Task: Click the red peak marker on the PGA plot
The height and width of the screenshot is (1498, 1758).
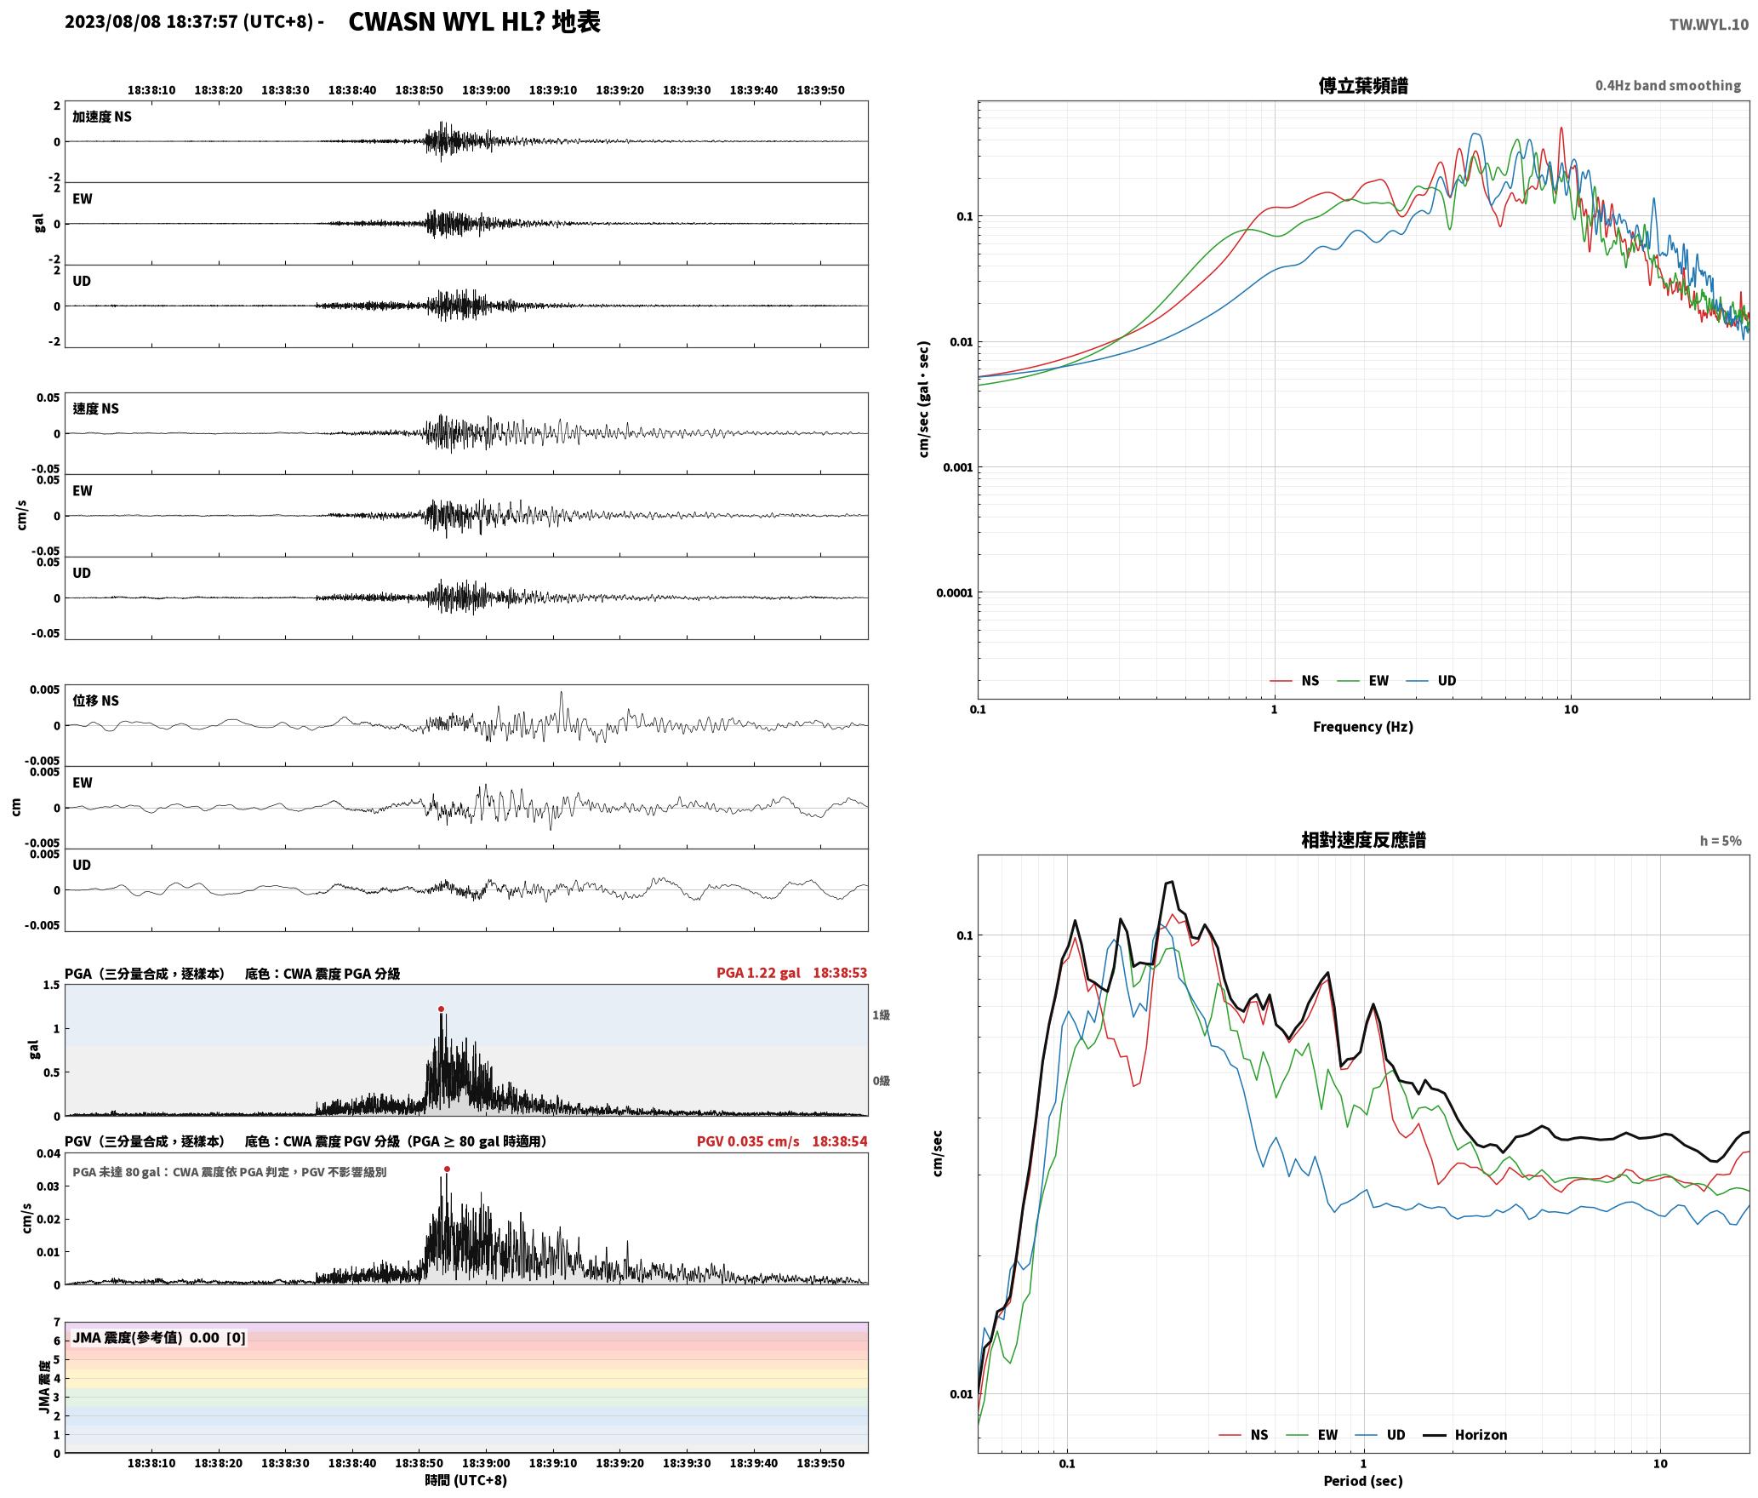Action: click(x=441, y=1009)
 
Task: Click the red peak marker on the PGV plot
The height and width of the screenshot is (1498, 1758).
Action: click(x=447, y=1169)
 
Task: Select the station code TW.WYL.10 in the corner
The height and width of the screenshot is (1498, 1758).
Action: click(x=1709, y=25)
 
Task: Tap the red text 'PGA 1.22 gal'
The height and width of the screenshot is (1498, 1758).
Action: click(x=758, y=973)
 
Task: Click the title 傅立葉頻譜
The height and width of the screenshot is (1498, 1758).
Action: click(x=1362, y=86)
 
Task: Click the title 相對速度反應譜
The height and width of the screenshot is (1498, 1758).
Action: click(x=1363, y=840)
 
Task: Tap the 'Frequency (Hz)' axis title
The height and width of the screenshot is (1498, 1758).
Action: click(x=1362, y=727)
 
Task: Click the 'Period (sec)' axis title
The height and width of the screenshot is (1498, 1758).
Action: click(x=1362, y=1481)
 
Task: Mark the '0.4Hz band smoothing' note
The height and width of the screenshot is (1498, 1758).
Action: click(x=1668, y=86)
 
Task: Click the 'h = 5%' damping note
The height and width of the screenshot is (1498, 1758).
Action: click(x=1721, y=841)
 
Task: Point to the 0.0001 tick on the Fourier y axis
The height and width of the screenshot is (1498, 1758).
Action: click(x=954, y=593)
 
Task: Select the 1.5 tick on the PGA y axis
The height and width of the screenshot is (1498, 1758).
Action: click(x=51, y=986)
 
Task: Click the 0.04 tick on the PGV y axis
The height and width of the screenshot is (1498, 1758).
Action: click(x=49, y=1154)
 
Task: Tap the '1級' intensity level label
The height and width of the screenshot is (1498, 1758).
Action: click(x=881, y=1015)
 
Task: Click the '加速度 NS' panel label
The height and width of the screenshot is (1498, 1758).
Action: click(x=102, y=117)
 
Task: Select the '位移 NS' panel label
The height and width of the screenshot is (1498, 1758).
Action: click(x=95, y=701)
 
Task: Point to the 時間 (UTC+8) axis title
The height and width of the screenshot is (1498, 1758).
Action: click(x=466, y=1480)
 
